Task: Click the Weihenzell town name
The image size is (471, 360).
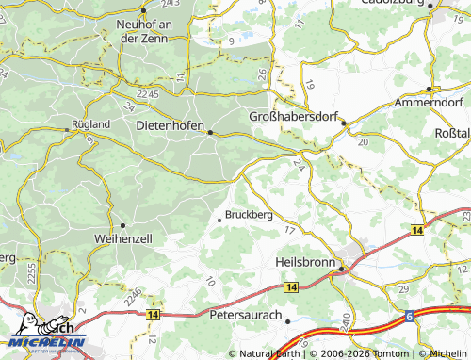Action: [x=122, y=240]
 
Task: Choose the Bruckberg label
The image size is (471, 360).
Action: [x=249, y=214]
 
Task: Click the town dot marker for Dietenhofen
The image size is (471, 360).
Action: [x=210, y=133]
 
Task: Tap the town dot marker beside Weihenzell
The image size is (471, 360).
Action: [x=122, y=225]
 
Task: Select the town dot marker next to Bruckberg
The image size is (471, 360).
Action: [x=219, y=220]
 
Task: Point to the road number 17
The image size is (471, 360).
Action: [x=289, y=231]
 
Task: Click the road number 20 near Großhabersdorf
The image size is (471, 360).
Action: [x=363, y=141]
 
